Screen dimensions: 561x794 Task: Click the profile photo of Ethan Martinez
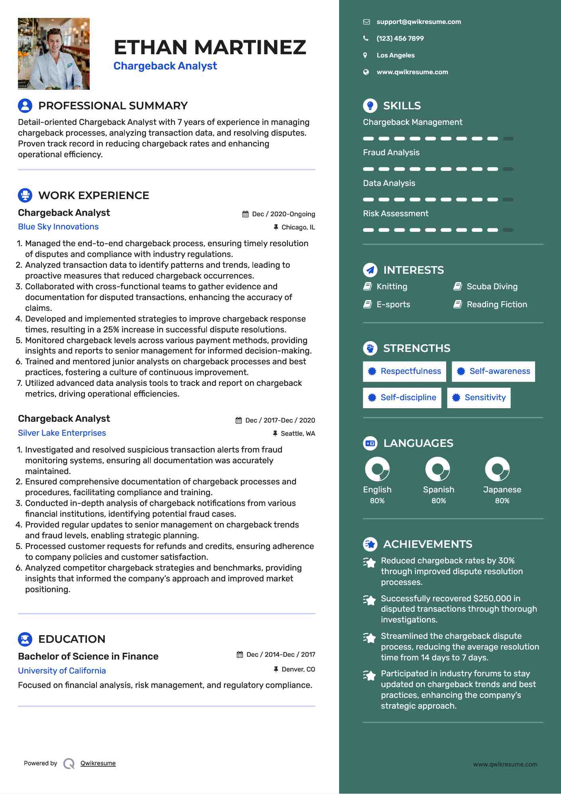coord(54,53)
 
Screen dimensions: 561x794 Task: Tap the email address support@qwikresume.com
coord(419,22)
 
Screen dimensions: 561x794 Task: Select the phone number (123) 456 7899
coord(400,39)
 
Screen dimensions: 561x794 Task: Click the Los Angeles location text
coord(396,55)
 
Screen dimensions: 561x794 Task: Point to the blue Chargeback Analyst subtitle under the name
coord(165,66)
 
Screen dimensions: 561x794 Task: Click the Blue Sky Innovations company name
coord(58,227)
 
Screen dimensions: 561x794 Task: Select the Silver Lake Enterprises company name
coord(62,433)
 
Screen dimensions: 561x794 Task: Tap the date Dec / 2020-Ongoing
coord(283,214)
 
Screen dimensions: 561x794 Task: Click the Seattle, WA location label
coord(297,434)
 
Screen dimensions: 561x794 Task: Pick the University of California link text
coord(62,671)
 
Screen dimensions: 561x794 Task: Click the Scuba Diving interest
coord(492,286)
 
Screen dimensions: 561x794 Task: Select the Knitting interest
coord(392,286)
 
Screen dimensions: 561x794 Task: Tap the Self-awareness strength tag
coord(493,371)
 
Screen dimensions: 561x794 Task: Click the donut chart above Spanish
coord(437,469)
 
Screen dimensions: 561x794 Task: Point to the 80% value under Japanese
coord(502,501)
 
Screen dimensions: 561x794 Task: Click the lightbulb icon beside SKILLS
coord(370,106)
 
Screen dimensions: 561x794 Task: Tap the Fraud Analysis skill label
coord(391,152)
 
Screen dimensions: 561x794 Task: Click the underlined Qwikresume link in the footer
coord(98,763)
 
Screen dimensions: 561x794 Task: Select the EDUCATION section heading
coord(72,639)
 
